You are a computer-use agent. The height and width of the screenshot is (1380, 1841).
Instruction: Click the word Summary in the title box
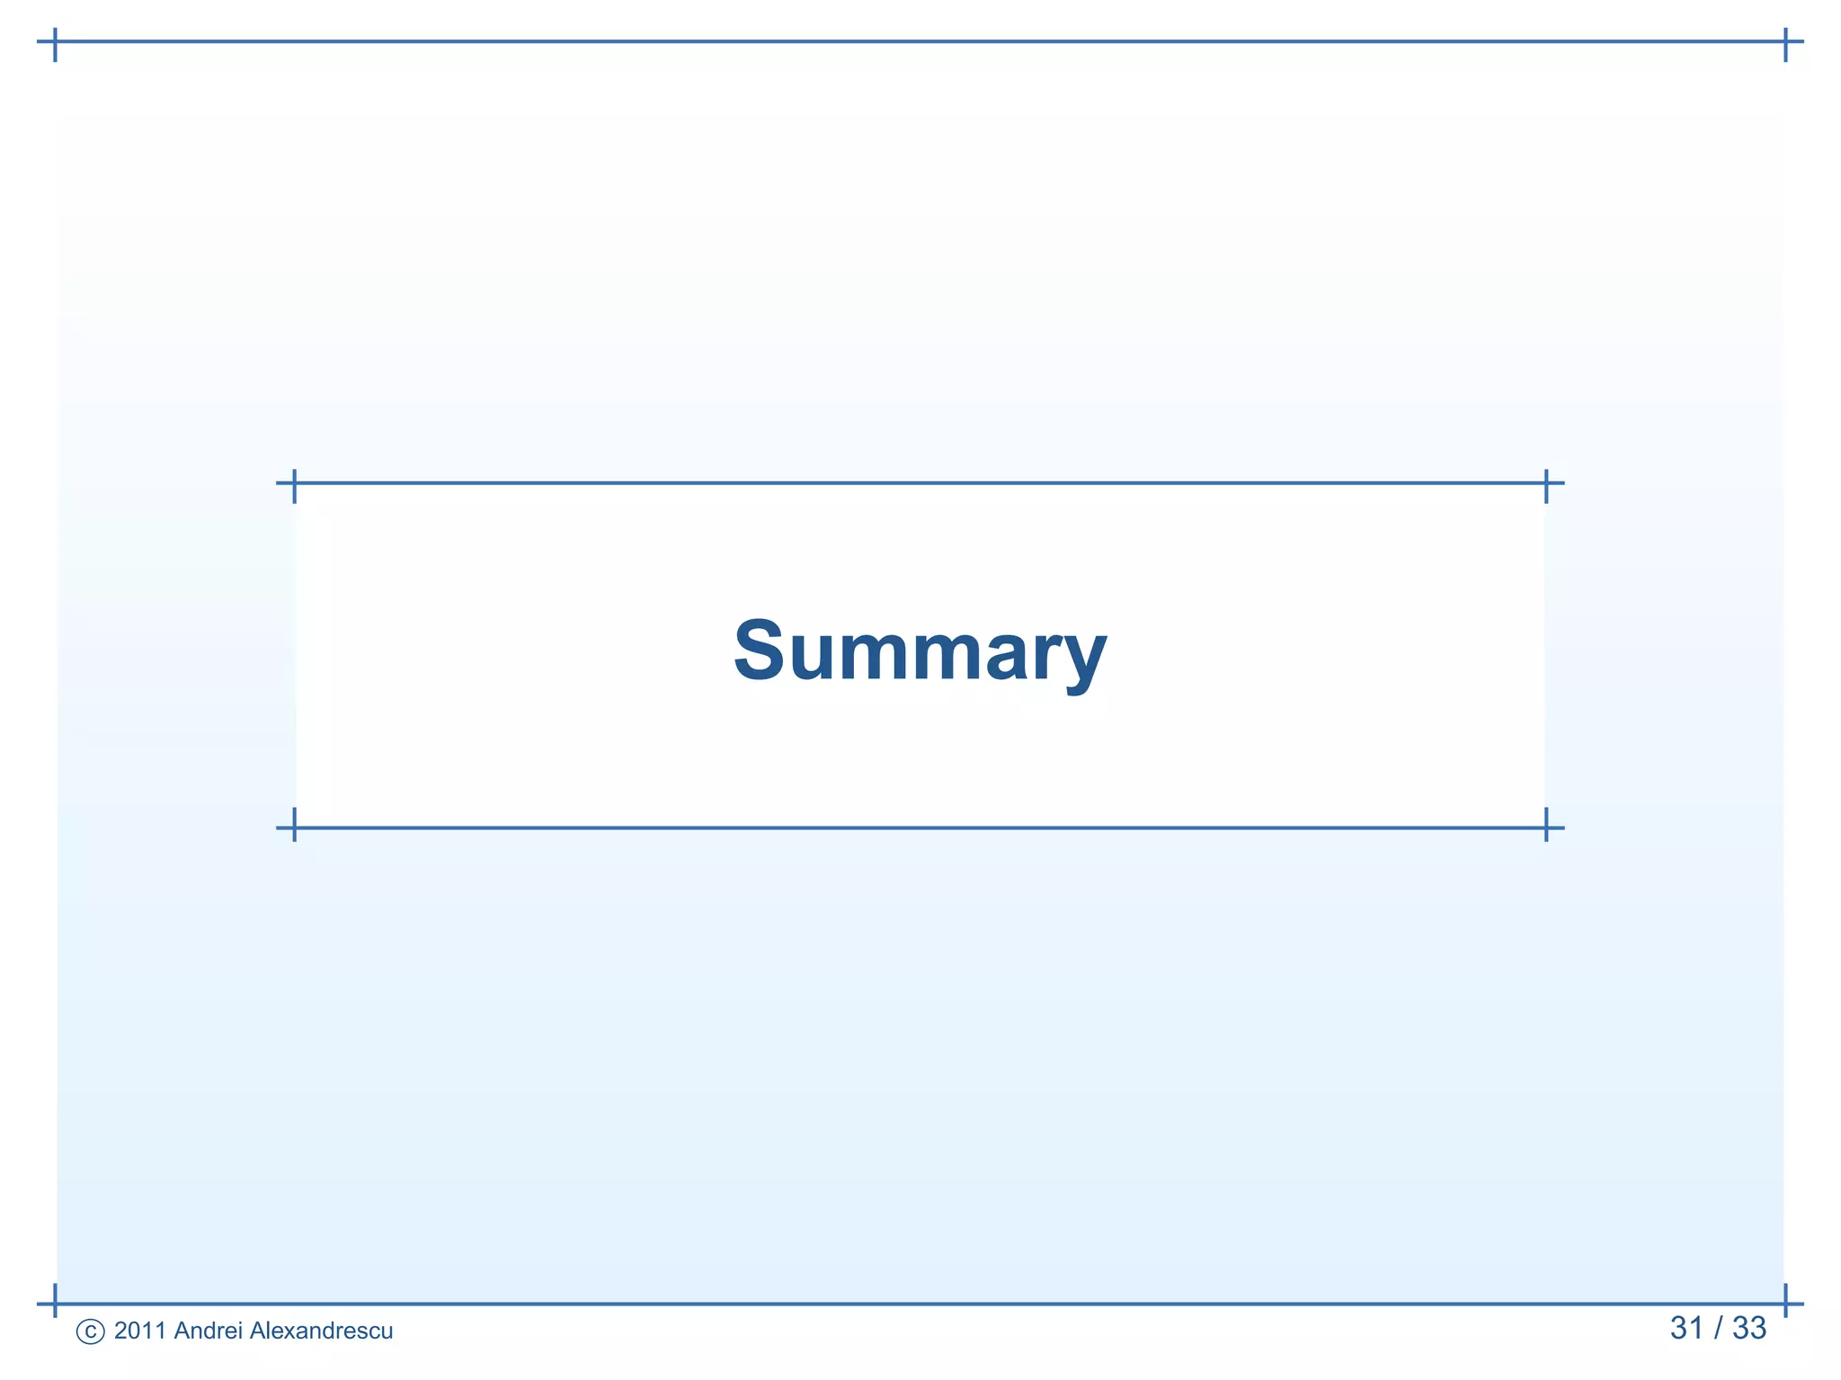[920, 650]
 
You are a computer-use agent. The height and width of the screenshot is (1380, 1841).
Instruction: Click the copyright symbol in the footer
[90, 1331]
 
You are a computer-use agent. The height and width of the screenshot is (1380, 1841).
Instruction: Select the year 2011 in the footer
[140, 1331]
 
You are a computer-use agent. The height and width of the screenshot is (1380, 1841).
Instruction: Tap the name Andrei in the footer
[208, 1331]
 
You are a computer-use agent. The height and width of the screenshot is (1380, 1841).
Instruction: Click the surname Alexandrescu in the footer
[321, 1331]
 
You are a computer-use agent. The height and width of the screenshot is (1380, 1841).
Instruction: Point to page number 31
[1687, 1328]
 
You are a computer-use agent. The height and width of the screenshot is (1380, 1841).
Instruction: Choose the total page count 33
[1749, 1328]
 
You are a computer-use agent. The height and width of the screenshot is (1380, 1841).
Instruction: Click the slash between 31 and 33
[1718, 1328]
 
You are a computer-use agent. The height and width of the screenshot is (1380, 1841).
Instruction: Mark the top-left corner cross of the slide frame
[55, 41]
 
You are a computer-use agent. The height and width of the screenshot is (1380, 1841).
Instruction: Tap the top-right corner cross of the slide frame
[1785, 41]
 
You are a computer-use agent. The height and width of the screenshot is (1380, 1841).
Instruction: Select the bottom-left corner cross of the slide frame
[55, 1303]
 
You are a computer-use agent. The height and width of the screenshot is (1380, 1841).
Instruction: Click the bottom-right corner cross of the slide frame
[1785, 1303]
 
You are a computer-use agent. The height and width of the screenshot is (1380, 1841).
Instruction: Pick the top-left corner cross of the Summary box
[294, 483]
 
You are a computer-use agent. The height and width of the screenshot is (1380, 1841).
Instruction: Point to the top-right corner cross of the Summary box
[1546, 483]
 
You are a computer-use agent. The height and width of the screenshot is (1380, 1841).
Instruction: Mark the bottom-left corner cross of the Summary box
[294, 827]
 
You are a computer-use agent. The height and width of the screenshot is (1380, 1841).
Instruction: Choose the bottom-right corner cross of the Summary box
[1546, 827]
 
